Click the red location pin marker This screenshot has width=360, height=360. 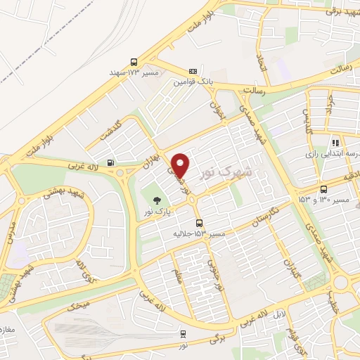(x=181, y=165)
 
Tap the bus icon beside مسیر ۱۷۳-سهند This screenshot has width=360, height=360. (x=134, y=62)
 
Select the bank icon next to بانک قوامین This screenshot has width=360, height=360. (x=193, y=72)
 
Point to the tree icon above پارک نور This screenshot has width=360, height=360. (x=157, y=200)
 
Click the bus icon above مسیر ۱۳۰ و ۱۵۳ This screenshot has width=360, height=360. (x=323, y=189)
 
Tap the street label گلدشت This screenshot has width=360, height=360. (x=110, y=129)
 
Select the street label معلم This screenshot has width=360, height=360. (x=179, y=270)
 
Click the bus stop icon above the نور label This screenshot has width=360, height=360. (x=184, y=334)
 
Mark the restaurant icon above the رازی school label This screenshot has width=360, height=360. (x=336, y=142)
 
